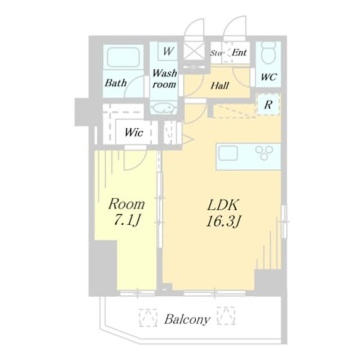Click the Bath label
[116, 83]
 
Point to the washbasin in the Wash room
[164, 108]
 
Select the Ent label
[240, 53]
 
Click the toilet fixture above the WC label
[268, 53]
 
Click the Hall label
[219, 86]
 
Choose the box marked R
[268, 104]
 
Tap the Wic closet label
[134, 133]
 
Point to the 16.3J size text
[223, 221]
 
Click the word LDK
[223, 204]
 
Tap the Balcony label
[187, 320]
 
